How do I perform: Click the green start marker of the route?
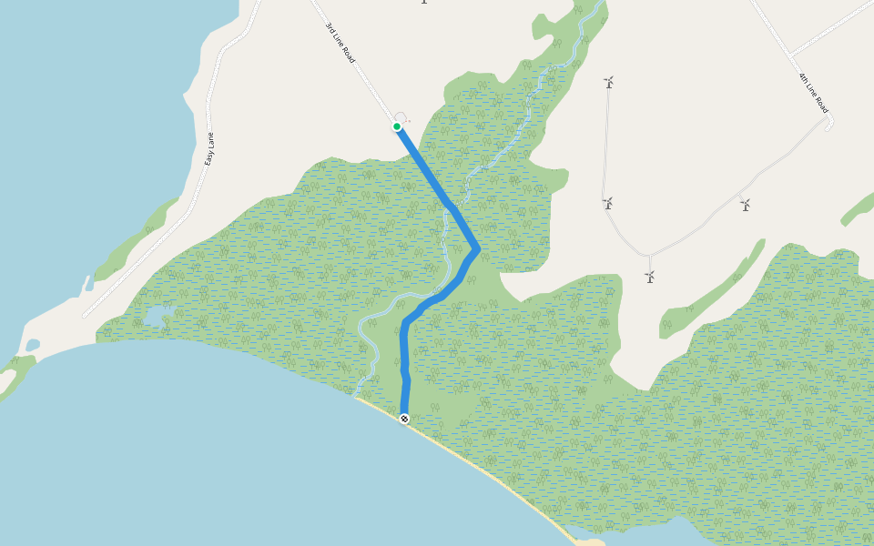[397, 126]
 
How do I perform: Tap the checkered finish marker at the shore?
[403, 419]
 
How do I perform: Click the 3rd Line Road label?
[340, 44]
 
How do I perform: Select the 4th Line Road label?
[813, 88]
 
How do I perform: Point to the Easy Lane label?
[209, 148]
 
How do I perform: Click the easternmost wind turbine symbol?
[746, 205]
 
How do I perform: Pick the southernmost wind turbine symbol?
[649, 276]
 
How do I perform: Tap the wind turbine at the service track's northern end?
[609, 82]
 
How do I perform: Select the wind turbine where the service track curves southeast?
[607, 203]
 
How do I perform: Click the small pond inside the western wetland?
[155, 317]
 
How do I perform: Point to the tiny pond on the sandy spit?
[33, 345]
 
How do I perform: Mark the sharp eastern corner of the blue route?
[478, 248]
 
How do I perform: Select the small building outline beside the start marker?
[401, 117]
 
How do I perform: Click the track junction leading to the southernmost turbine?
[648, 256]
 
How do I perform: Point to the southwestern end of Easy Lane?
[84, 316]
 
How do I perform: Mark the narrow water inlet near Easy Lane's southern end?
[89, 285]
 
